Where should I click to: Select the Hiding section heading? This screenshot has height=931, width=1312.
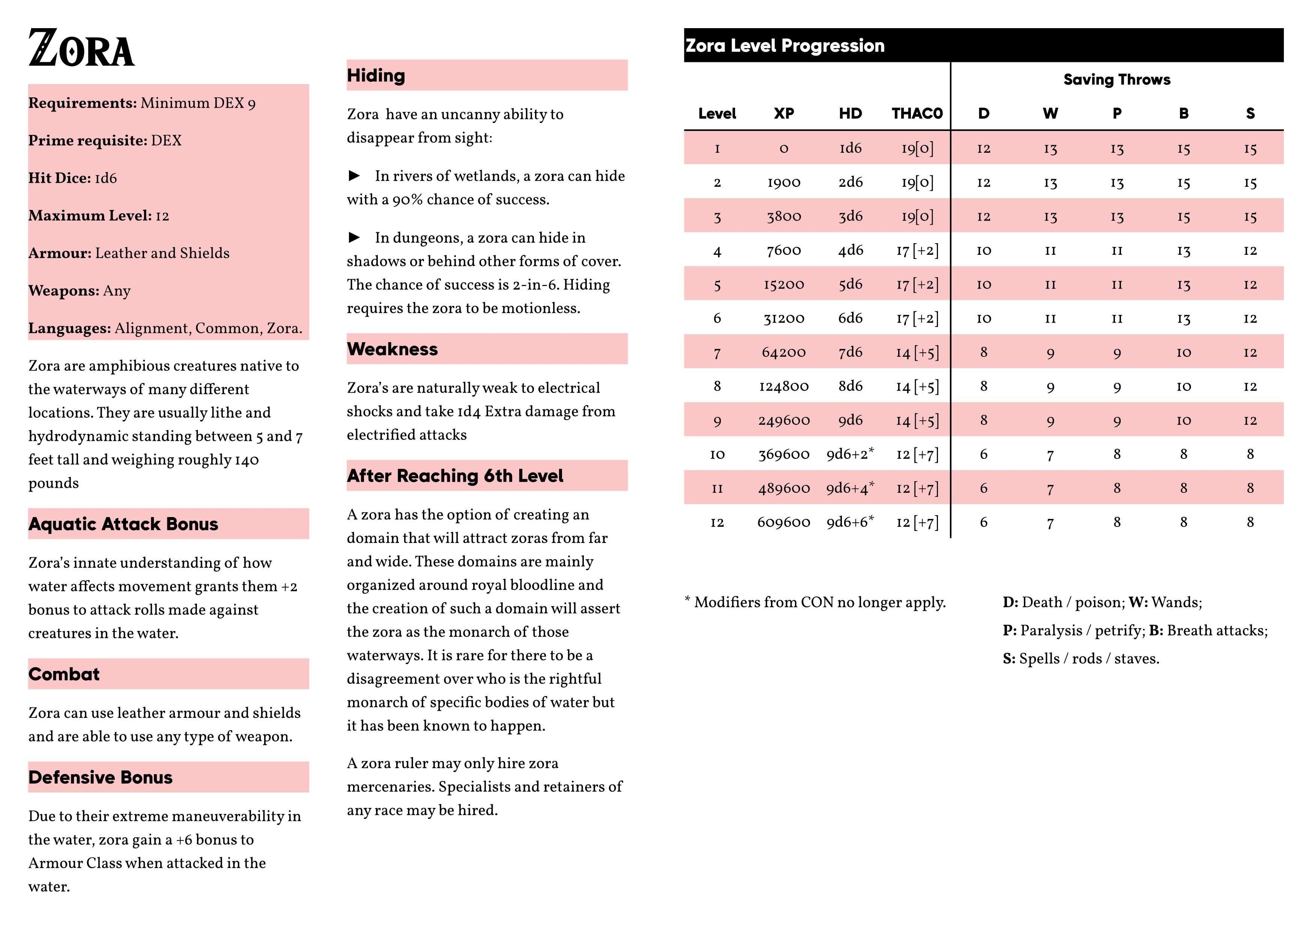pos(376,76)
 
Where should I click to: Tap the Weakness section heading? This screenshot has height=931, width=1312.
pos(392,349)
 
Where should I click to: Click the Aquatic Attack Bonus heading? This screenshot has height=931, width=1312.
pos(123,524)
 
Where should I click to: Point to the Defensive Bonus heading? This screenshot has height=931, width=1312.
pos(100,778)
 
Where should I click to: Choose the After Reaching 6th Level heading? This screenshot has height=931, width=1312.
pos(454,476)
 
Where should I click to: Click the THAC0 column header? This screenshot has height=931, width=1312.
pos(917,113)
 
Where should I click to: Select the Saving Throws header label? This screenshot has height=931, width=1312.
pos(1117,80)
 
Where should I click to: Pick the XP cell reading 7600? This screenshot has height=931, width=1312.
pos(783,251)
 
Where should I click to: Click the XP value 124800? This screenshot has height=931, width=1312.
pos(783,387)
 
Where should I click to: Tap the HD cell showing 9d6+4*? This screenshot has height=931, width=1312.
pos(850,489)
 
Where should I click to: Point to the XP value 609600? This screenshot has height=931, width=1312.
pos(783,522)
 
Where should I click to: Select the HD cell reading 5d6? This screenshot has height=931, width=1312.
pos(850,284)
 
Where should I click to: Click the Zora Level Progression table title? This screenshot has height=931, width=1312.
pos(784,46)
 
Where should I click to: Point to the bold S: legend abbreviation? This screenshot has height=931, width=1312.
pos(1009,659)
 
